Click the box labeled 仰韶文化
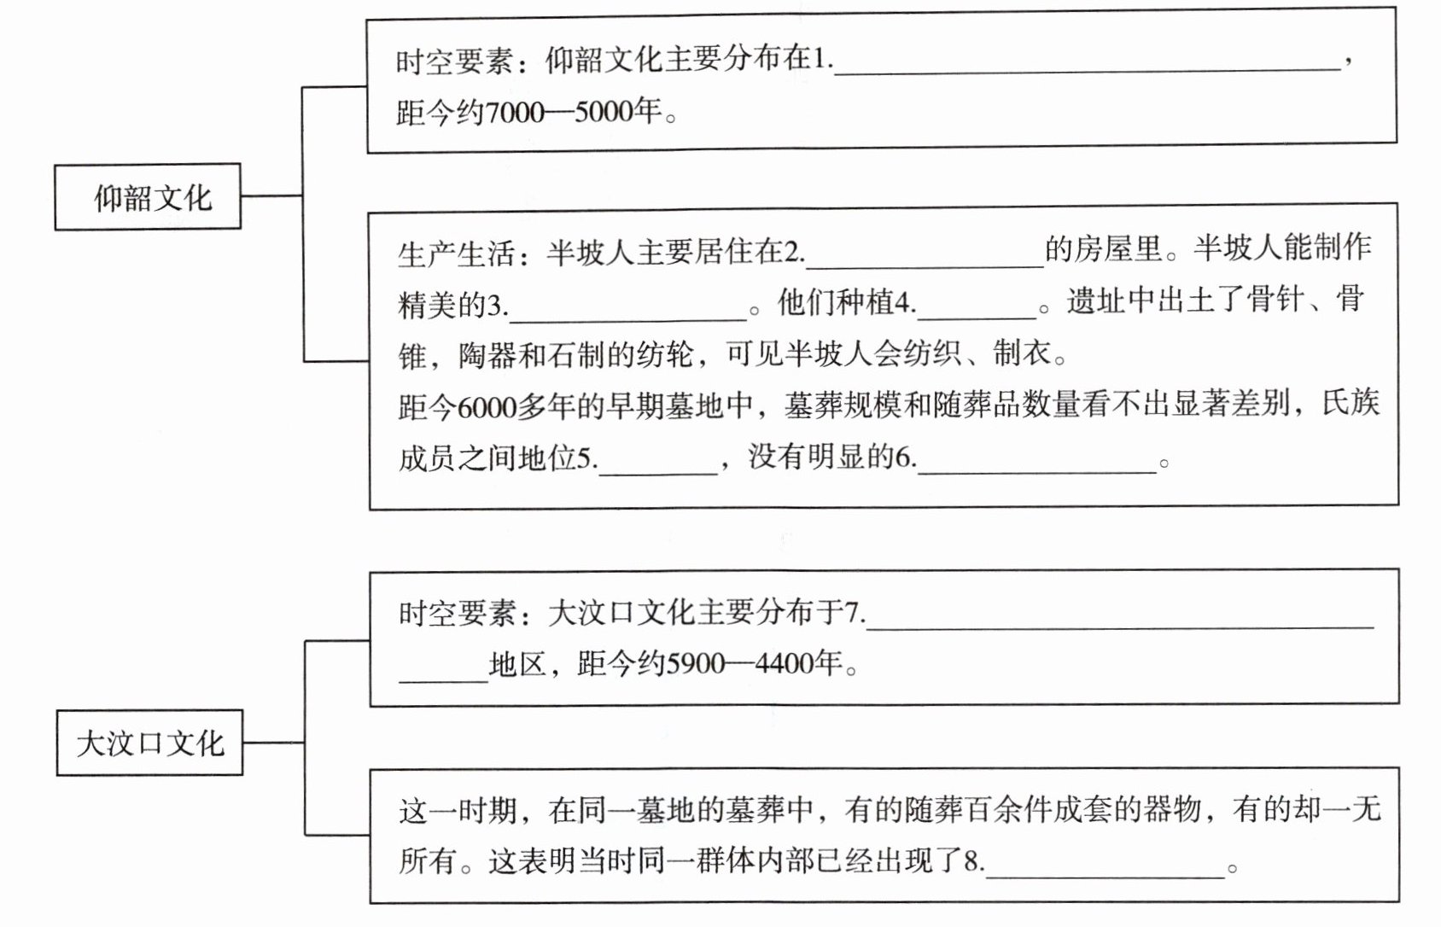pos(149,197)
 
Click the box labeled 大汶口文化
pos(149,743)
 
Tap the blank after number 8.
pos(1105,864)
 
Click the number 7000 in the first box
pos(514,112)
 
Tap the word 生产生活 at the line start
pos(456,253)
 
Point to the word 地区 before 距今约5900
pos(517,663)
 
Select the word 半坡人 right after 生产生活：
pos(591,253)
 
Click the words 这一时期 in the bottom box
pos(458,809)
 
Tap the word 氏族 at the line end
pos(1351,402)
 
